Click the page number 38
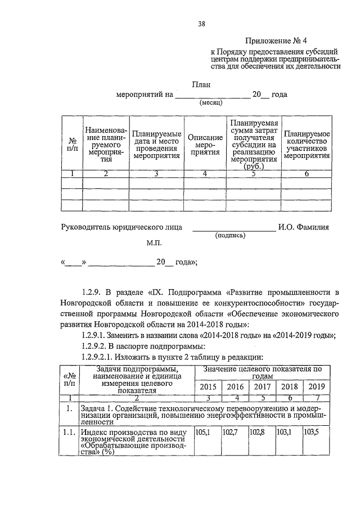(x=201, y=24)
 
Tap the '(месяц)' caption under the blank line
(x=211, y=103)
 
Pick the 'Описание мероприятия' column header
(x=205, y=145)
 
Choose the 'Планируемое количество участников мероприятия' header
(x=306, y=145)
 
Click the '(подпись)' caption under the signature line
(x=229, y=236)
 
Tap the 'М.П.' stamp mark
(x=154, y=245)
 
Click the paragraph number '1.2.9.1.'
(x=97, y=336)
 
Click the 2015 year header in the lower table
(x=208, y=387)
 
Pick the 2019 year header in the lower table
(x=317, y=387)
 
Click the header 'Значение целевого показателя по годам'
(x=262, y=373)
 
